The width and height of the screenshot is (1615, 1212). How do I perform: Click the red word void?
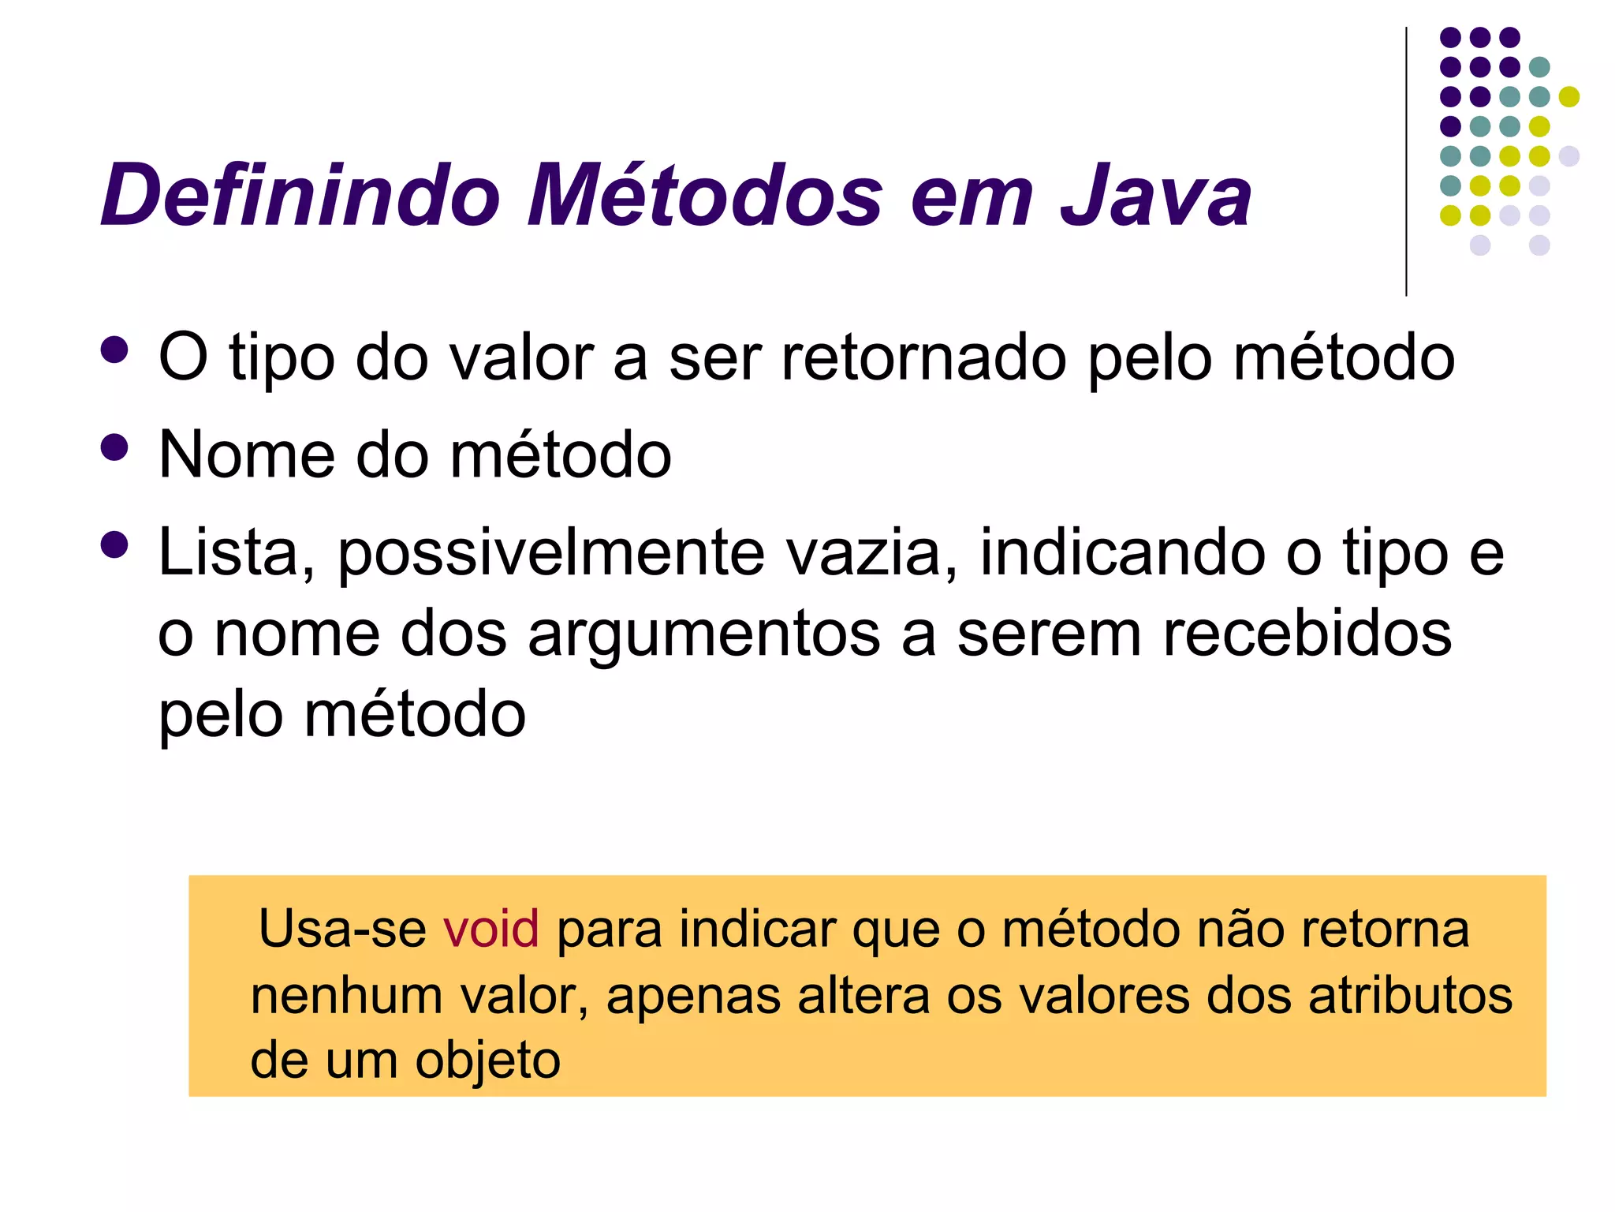[x=490, y=929]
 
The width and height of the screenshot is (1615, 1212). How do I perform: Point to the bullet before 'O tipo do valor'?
[x=115, y=350]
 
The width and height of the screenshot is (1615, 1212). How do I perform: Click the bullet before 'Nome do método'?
[x=115, y=448]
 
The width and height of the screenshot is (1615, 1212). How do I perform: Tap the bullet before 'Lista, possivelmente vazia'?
[x=115, y=545]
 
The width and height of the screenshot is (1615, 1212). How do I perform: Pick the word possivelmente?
[x=551, y=554]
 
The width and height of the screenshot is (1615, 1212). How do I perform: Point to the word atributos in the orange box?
[x=1410, y=995]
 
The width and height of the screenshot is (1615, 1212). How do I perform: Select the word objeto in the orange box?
[x=488, y=1061]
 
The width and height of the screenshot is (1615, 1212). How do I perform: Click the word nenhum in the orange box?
[x=346, y=995]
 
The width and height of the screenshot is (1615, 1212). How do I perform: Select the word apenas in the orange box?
[x=692, y=997]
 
